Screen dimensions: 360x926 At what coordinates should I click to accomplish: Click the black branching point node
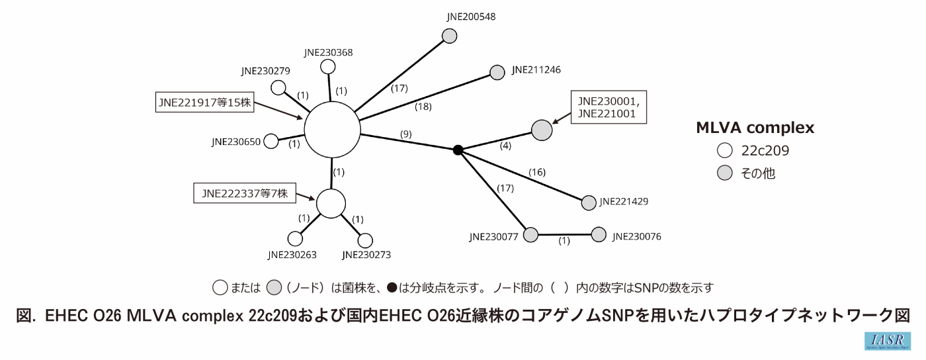(x=458, y=150)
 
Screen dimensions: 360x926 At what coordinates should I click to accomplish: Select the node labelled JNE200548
(x=449, y=37)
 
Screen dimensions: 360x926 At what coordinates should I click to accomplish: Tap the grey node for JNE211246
(x=497, y=72)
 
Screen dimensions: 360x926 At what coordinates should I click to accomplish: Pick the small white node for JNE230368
(x=327, y=67)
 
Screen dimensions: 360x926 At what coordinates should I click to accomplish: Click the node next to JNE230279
(x=279, y=88)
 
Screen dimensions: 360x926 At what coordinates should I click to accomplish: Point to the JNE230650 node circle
(x=271, y=141)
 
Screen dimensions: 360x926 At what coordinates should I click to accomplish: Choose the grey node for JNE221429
(x=589, y=203)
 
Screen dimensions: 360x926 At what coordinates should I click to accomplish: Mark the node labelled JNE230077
(x=531, y=234)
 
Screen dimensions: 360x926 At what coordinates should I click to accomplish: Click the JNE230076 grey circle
(x=599, y=234)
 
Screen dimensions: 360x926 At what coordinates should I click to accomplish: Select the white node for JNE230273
(x=365, y=240)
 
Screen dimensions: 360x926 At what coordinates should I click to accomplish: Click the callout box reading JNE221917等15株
(x=205, y=103)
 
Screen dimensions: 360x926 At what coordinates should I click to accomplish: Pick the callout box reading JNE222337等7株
(x=245, y=193)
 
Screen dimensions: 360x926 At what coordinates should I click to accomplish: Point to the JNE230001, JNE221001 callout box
(x=608, y=107)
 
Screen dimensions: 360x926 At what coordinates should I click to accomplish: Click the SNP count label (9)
(x=406, y=134)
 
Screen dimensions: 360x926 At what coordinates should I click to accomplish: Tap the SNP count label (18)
(x=424, y=106)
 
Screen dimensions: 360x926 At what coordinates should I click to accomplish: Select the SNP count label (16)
(x=537, y=173)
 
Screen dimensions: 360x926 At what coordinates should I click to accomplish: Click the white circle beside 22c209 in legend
(x=725, y=151)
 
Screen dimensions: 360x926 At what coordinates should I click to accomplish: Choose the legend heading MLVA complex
(x=755, y=128)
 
